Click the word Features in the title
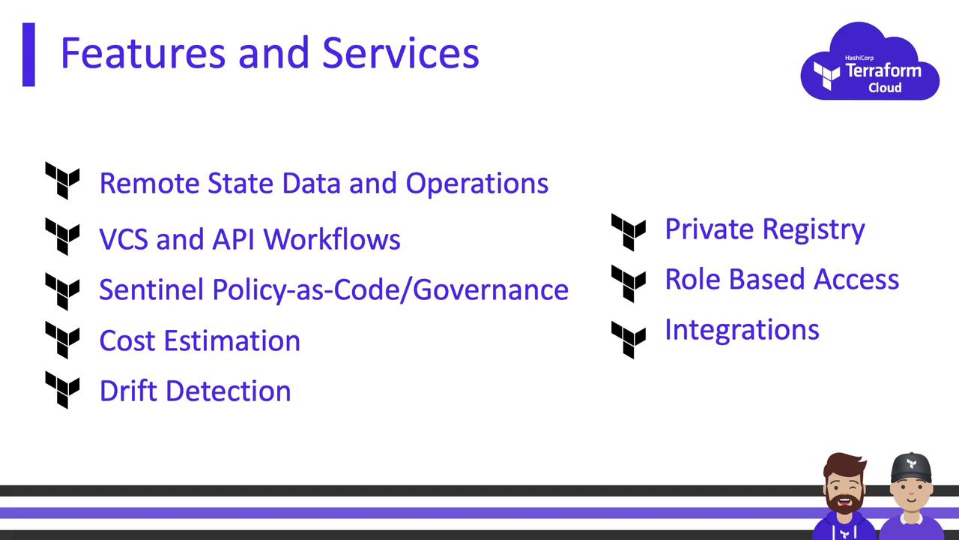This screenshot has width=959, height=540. click(x=143, y=53)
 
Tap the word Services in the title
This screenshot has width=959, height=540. click(x=400, y=53)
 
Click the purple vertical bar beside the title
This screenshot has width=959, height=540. click(x=28, y=55)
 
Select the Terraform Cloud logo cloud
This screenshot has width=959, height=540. click(x=870, y=61)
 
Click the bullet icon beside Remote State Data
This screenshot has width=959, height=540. click(x=62, y=181)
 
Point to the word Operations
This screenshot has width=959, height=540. click(x=477, y=184)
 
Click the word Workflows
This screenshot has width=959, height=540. click(x=332, y=238)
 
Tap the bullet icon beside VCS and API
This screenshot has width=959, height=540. click(x=62, y=236)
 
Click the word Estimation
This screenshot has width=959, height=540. click(x=232, y=341)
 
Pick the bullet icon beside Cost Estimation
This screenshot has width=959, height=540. click(x=62, y=340)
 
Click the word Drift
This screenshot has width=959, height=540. click(x=128, y=391)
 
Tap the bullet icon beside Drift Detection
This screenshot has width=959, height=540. click(x=62, y=390)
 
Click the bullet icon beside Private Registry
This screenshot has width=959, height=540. click(x=629, y=232)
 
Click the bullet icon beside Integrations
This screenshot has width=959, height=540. click(x=629, y=340)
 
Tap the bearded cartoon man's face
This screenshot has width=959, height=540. click(x=844, y=488)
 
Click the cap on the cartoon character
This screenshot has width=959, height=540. click(x=912, y=468)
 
